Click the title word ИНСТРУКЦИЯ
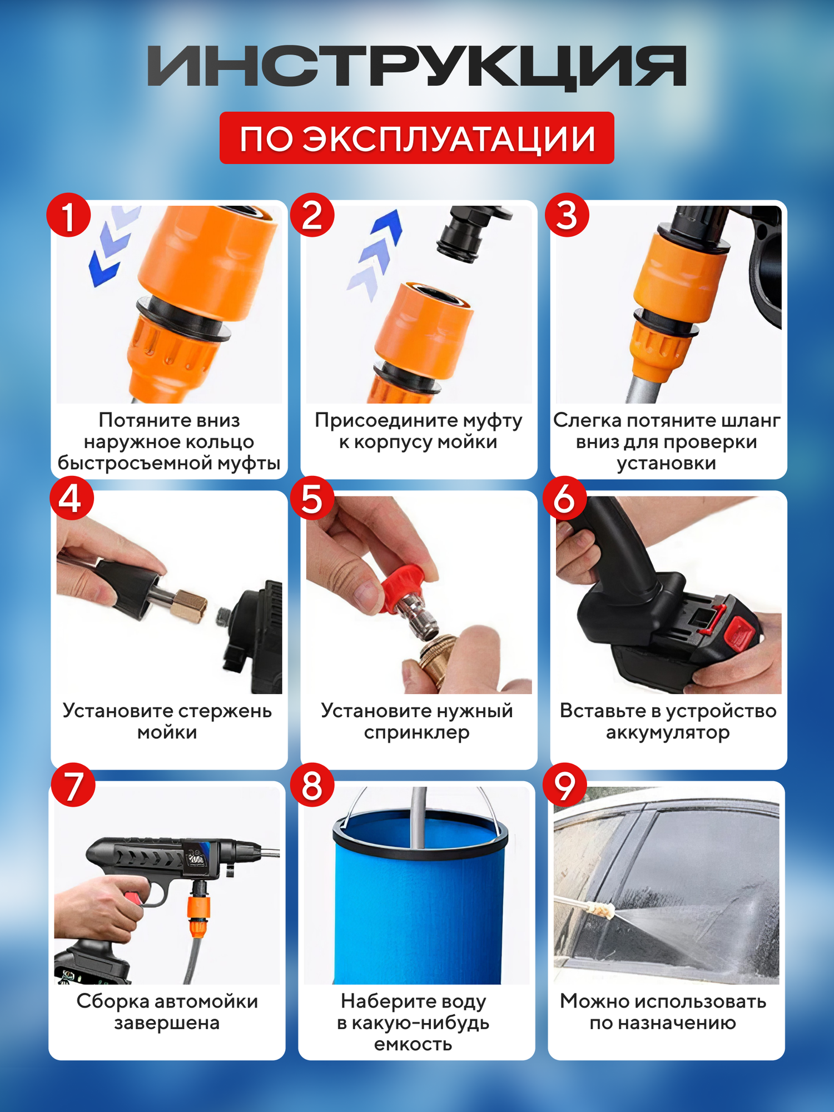(x=417, y=67)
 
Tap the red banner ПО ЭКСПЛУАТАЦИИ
(x=417, y=138)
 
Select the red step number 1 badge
(x=68, y=215)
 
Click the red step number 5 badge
(x=312, y=498)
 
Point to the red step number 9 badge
(x=565, y=785)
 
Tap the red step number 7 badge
(x=73, y=785)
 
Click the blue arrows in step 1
(x=114, y=245)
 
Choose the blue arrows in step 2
(x=375, y=254)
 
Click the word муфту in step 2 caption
(x=493, y=421)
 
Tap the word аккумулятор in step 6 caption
(x=668, y=733)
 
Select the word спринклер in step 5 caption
(x=417, y=733)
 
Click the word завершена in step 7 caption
(x=167, y=1023)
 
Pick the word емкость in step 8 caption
(x=413, y=1044)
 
